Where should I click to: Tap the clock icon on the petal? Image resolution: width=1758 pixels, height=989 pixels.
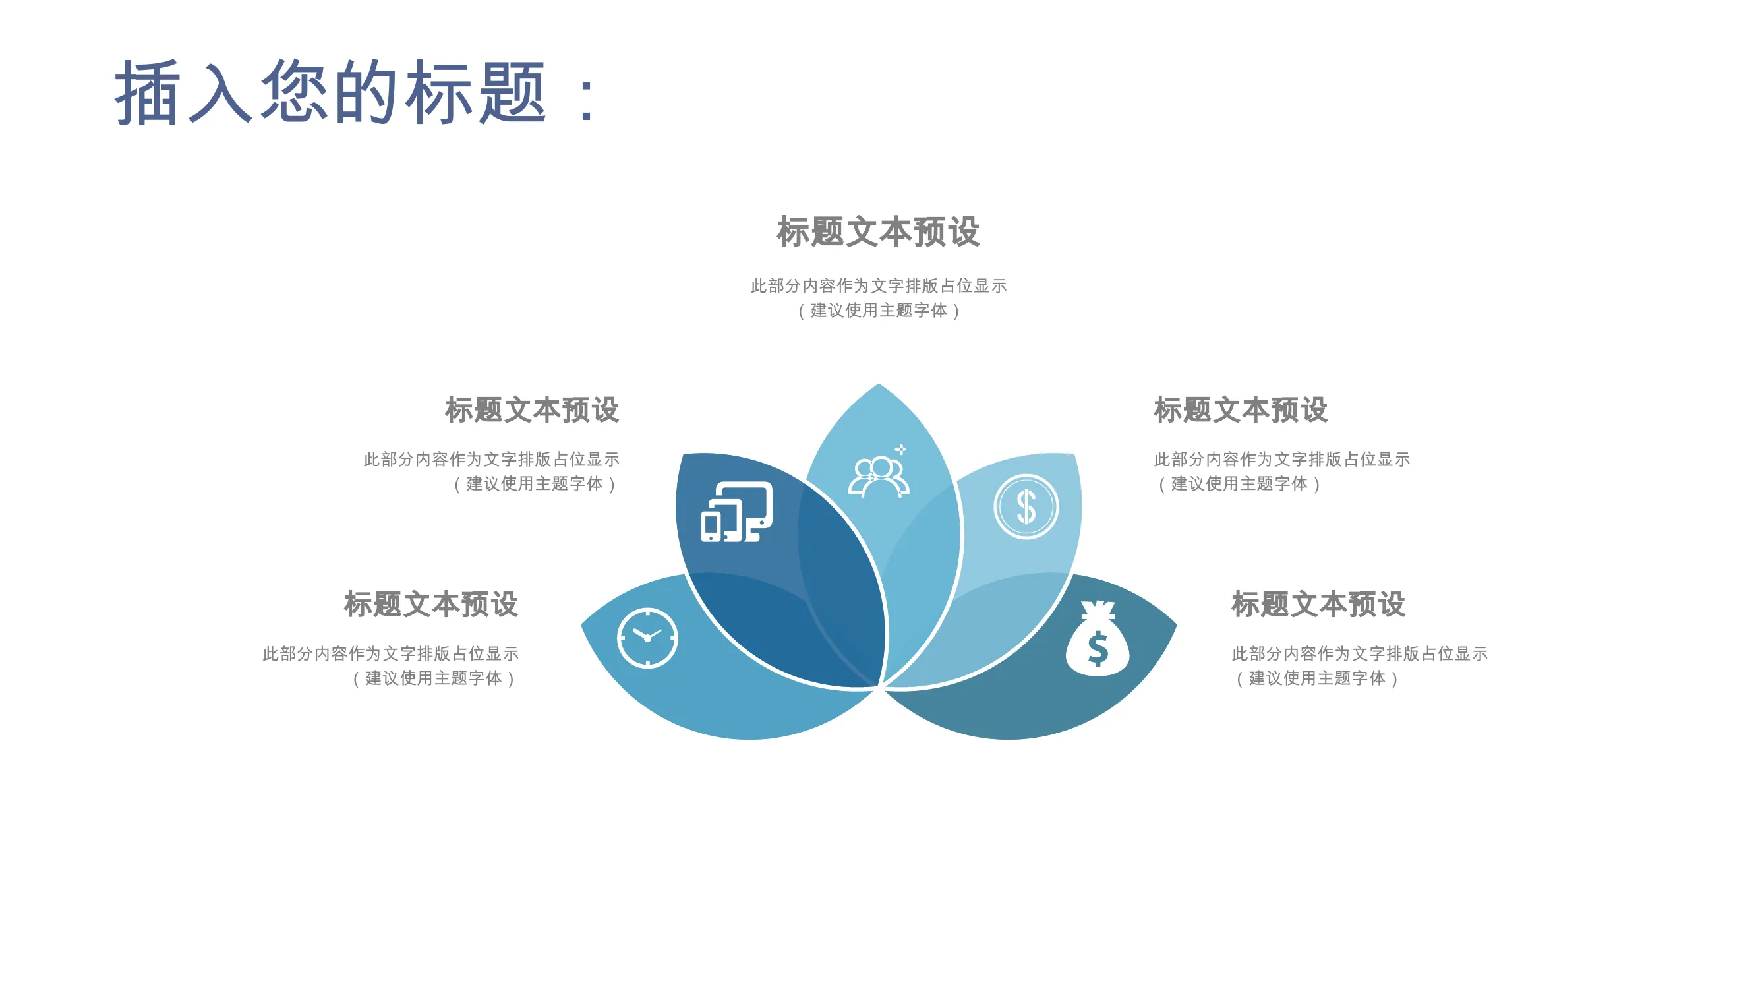[647, 638]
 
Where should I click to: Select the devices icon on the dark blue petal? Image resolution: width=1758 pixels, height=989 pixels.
[736, 511]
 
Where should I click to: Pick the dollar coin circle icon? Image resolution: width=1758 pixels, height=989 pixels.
[1026, 506]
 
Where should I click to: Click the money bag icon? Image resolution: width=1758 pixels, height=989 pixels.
[1098, 638]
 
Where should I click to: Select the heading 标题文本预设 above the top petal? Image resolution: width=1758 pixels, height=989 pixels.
[878, 231]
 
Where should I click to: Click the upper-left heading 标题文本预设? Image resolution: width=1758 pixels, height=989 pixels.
[532, 409]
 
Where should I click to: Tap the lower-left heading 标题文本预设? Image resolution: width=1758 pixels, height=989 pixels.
[430, 604]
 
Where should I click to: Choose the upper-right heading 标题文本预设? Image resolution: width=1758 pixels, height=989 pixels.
[1241, 409]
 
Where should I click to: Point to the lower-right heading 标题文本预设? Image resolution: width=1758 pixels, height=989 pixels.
[1318, 604]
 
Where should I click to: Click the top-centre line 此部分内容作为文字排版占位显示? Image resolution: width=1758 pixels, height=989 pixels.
[878, 285]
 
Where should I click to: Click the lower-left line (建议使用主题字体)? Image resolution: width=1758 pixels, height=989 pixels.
[434, 678]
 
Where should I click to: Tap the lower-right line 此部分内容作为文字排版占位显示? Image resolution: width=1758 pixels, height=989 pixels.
[1359, 653]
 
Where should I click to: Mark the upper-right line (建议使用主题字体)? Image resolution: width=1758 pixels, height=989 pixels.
[1239, 484]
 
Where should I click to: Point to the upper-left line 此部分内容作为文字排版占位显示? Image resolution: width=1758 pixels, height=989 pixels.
[491, 459]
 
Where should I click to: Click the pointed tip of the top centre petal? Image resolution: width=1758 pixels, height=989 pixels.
[879, 384]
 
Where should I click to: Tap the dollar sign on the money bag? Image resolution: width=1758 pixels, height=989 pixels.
[1098, 649]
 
